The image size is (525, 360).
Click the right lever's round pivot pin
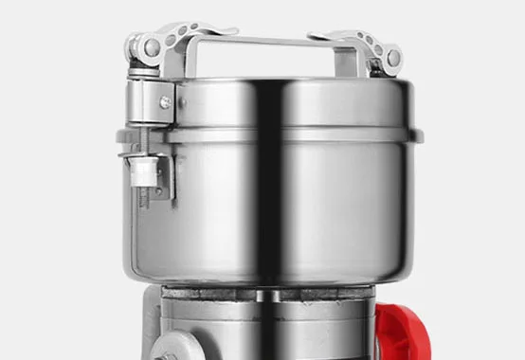[x=391, y=58]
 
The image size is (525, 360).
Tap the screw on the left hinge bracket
[x=165, y=101]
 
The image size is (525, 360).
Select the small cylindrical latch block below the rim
[x=143, y=171]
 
